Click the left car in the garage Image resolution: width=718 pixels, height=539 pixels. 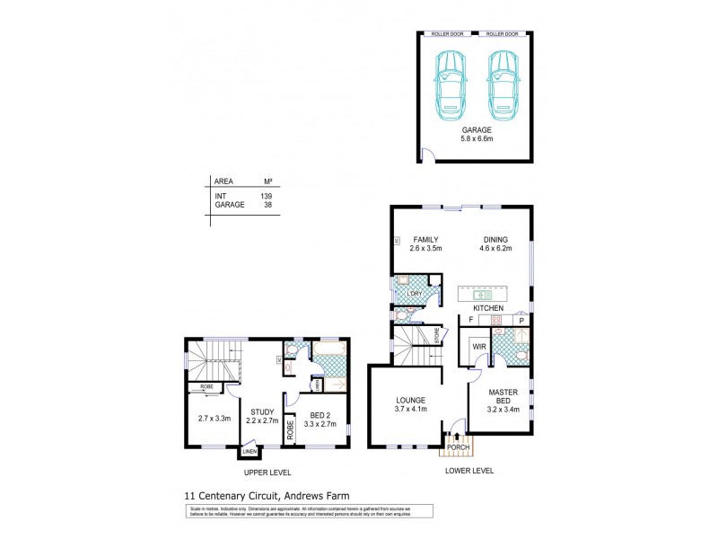pos(450,79)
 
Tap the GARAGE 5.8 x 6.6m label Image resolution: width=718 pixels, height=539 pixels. pos(476,134)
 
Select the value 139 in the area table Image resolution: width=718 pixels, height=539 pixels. pos(267,195)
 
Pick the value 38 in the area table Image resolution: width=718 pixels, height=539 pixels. pos(267,205)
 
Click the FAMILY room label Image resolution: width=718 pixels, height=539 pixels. pos(425,243)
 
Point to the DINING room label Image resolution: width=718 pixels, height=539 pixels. pos(496,243)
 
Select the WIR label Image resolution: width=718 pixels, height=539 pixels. pos(479,346)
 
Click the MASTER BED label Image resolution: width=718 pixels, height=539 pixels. pos(501,397)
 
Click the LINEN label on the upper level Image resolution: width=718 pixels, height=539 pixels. pos(246,453)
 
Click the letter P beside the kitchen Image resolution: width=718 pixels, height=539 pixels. pos(521,320)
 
